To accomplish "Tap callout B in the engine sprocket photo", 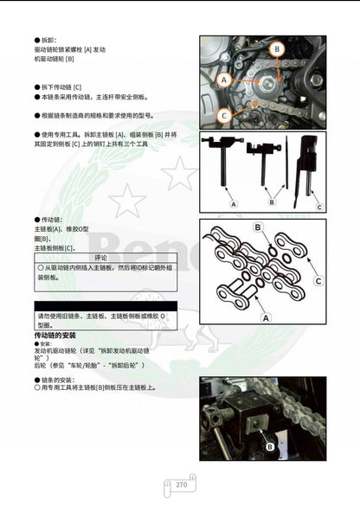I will [x=276, y=50].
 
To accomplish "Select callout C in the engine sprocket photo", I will [x=224, y=113].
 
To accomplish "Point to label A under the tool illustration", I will [x=232, y=202].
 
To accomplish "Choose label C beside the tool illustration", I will [x=318, y=207].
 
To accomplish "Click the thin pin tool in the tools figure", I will [x=284, y=169].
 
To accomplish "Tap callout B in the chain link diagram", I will [x=257, y=227].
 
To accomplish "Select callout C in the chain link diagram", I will [x=318, y=281].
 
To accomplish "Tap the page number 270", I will [x=181, y=485].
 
